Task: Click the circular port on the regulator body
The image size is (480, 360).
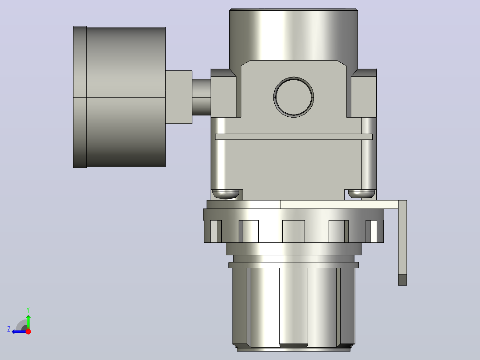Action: tap(293, 97)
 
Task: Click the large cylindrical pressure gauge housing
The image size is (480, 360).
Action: tap(126, 97)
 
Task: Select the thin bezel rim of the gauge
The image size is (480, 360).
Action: tap(80, 97)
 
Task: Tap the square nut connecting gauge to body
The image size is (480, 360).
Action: tap(179, 97)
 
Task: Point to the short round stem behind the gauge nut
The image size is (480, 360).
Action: tap(201, 97)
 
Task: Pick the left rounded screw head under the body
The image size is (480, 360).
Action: tap(226, 194)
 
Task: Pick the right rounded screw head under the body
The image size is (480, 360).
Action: tap(362, 194)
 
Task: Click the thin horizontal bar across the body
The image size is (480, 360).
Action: tap(294, 137)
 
